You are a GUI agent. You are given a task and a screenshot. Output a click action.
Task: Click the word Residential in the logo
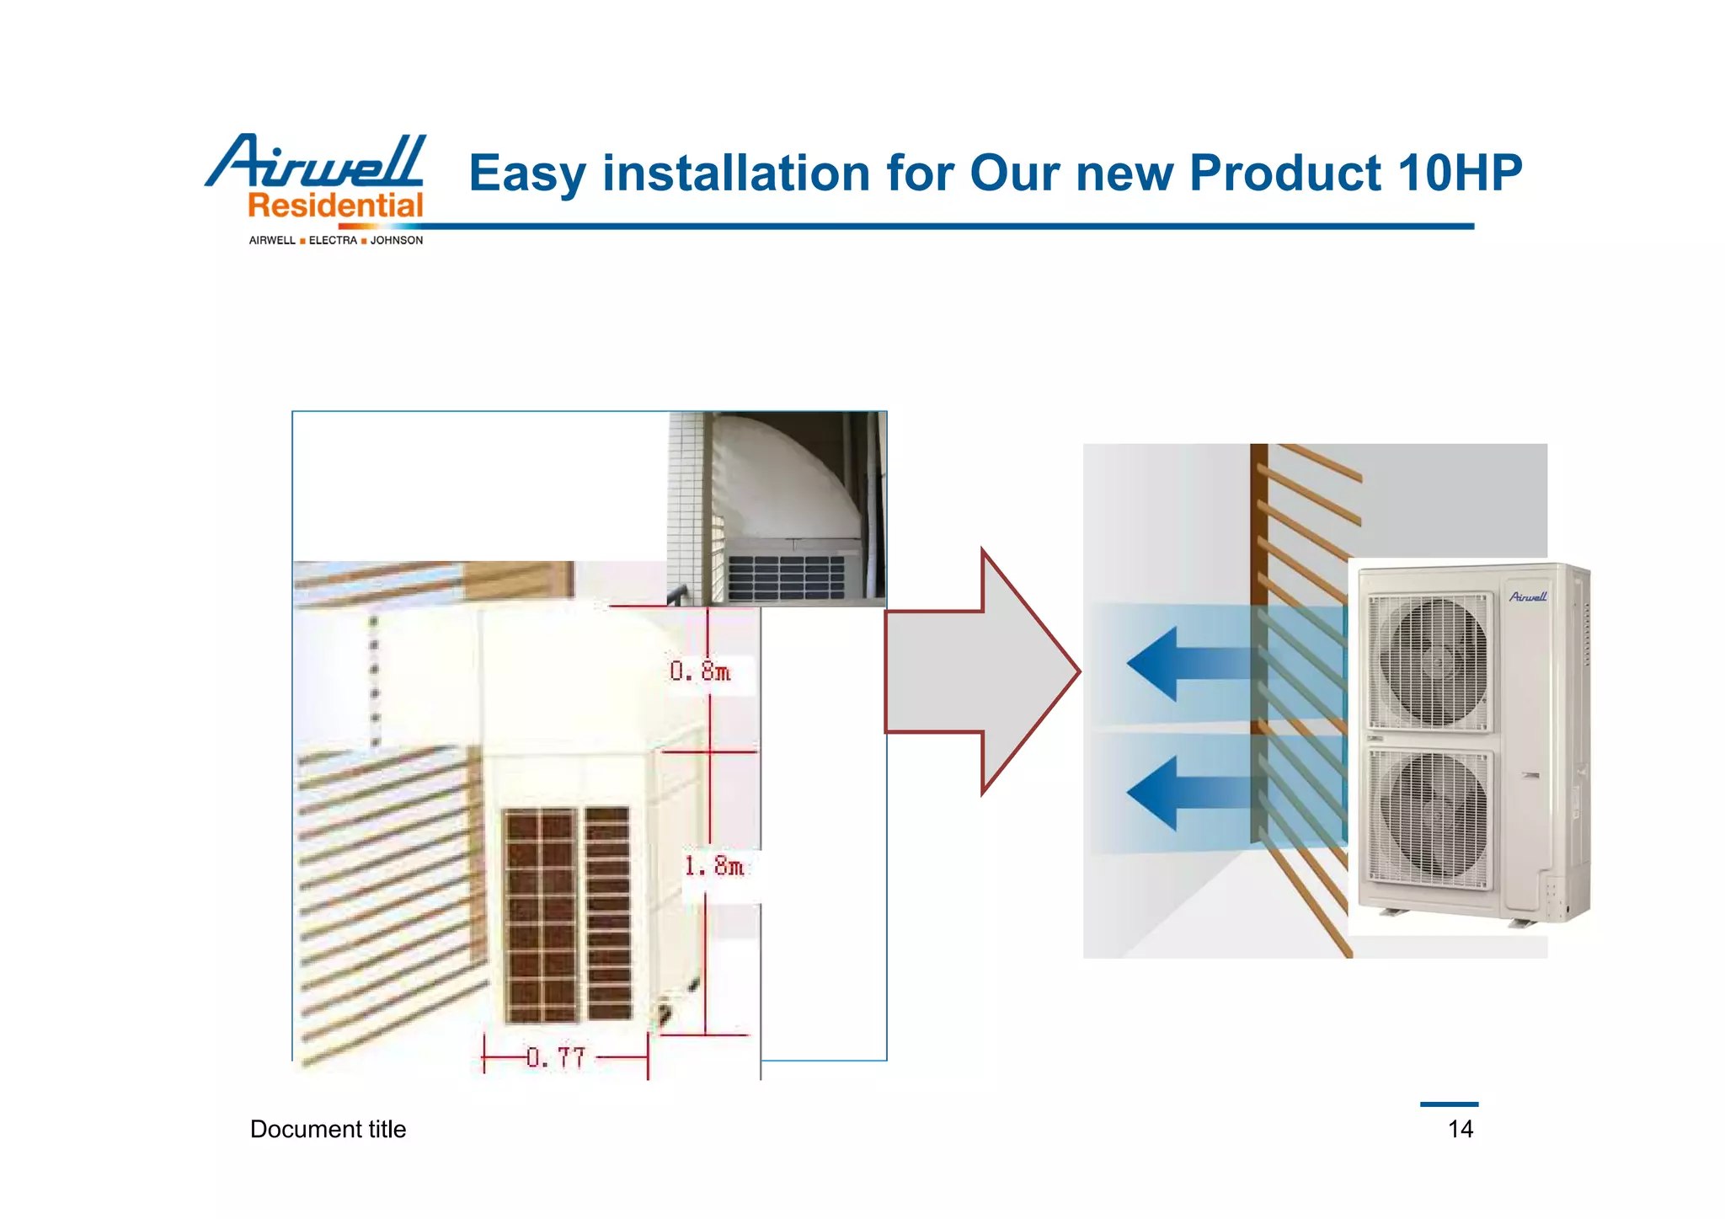(x=335, y=206)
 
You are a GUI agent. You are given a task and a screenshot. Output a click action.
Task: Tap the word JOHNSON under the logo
(x=397, y=241)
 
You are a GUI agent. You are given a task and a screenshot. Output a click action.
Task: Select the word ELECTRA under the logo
(x=333, y=241)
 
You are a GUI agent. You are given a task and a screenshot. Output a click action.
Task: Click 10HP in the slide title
(x=1459, y=173)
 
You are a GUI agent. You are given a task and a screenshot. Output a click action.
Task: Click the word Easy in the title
(x=526, y=174)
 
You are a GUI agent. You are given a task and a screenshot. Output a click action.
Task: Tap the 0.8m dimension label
(x=700, y=671)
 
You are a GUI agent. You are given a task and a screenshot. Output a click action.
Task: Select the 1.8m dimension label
(x=714, y=866)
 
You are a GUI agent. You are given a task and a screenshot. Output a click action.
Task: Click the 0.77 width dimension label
(x=556, y=1057)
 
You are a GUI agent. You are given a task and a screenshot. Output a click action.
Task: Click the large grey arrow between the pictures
(x=981, y=671)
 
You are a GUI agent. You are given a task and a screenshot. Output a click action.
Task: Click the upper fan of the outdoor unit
(x=1429, y=662)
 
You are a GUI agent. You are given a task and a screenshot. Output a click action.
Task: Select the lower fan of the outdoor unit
(x=1430, y=818)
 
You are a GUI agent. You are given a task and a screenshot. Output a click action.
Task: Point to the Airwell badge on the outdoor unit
(x=1528, y=596)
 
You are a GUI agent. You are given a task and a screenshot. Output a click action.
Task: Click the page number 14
(x=1460, y=1129)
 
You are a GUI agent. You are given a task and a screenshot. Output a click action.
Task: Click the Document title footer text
(x=328, y=1129)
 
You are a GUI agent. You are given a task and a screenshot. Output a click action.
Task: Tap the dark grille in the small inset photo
(x=785, y=577)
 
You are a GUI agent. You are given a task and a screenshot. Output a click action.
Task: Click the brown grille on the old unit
(x=567, y=914)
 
